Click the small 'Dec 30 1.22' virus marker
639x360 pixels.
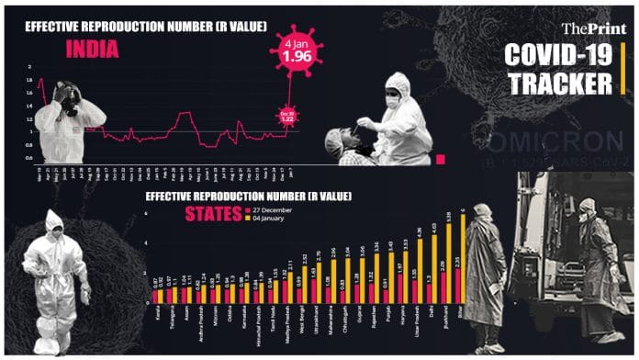[287, 116]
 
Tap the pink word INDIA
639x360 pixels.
[92, 50]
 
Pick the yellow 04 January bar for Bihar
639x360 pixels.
[463, 258]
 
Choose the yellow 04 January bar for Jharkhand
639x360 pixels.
[447, 264]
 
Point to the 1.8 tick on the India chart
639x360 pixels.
[29, 80]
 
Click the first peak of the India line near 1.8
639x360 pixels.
[40, 81]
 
